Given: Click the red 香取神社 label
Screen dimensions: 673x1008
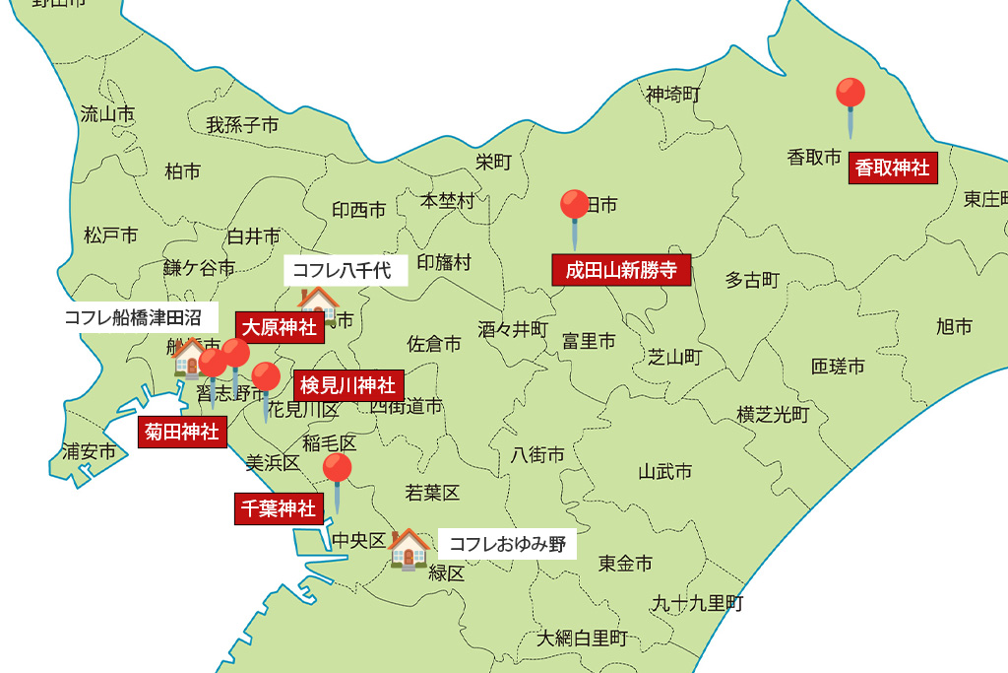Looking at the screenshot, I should tap(892, 168).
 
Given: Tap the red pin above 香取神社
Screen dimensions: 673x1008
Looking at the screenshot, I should tap(850, 95).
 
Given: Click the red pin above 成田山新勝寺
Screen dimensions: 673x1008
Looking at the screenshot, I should tap(575, 206).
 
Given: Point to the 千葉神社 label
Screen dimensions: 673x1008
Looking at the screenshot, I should tap(279, 508).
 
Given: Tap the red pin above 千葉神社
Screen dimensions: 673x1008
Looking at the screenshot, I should tap(337, 469).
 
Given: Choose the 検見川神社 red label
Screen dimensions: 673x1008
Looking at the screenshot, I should tap(347, 385).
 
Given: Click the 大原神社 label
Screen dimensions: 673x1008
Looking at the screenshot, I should tap(280, 327).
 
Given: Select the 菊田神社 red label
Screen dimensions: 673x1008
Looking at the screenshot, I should tap(182, 432).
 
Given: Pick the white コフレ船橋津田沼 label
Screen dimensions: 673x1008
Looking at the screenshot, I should tap(132, 317).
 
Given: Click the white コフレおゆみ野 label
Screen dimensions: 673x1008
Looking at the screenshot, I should tap(507, 544).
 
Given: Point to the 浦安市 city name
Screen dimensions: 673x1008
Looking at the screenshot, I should tap(89, 452).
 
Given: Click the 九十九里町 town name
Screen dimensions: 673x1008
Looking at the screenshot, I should tap(697, 603).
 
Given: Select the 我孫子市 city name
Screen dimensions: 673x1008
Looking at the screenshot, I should tap(242, 125).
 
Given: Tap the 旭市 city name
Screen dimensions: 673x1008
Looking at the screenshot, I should tap(954, 326).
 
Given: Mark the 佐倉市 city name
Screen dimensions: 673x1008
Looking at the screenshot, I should tap(434, 344).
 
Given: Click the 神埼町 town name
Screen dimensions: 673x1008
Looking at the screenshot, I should tap(673, 95).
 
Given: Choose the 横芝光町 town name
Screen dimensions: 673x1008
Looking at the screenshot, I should tap(773, 415).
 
